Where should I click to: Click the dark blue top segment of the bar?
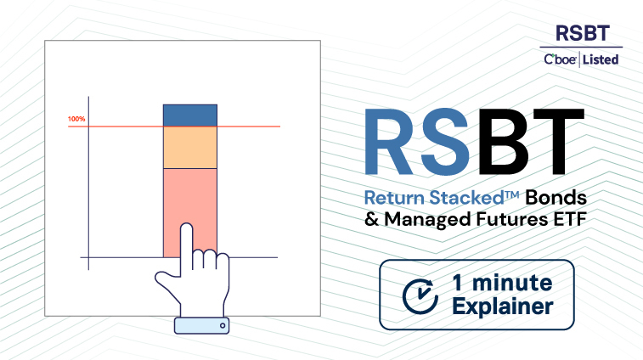click(190, 115)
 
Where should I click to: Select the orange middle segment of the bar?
click(190, 147)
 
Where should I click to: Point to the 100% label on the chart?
click(76, 119)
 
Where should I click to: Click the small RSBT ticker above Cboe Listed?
click(583, 33)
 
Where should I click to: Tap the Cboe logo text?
click(560, 59)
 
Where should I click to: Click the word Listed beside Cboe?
click(601, 60)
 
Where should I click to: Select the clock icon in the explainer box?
click(420, 296)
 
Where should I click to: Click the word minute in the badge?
click(512, 283)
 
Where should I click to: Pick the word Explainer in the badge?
click(503, 307)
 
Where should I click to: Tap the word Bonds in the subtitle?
click(556, 198)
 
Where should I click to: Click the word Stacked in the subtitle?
click(466, 198)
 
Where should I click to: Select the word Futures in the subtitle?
click(512, 219)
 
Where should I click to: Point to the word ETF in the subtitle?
click(571, 219)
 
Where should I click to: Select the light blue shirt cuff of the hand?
click(202, 325)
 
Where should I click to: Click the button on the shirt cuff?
click(223, 325)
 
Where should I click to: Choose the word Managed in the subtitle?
click(427, 220)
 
